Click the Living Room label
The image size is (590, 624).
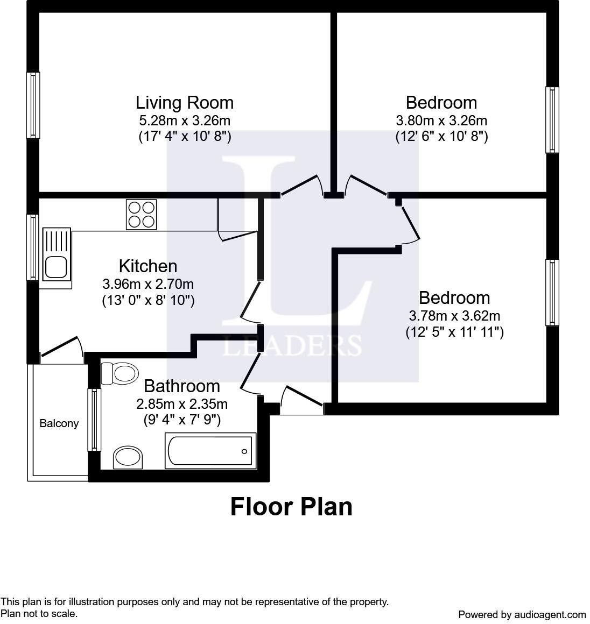click(184, 102)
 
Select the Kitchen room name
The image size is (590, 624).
click(147, 266)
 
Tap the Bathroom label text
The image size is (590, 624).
click(182, 386)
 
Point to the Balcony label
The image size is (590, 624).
click(59, 423)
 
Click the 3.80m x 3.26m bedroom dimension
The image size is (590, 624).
click(441, 120)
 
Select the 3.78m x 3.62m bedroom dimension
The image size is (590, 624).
click(454, 315)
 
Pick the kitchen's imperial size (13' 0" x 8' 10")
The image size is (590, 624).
click(148, 300)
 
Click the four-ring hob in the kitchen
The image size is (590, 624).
click(142, 214)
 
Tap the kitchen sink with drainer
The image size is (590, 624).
click(56, 254)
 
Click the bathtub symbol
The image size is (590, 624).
click(210, 451)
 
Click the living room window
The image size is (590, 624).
click(33, 105)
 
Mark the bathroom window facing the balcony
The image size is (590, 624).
click(94, 420)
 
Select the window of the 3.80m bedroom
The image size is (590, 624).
click(552, 119)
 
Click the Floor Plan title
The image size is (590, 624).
click(291, 507)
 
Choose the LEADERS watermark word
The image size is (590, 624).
click(292, 345)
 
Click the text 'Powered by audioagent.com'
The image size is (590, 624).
click(522, 614)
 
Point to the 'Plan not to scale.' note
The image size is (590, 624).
click(39, 613)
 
